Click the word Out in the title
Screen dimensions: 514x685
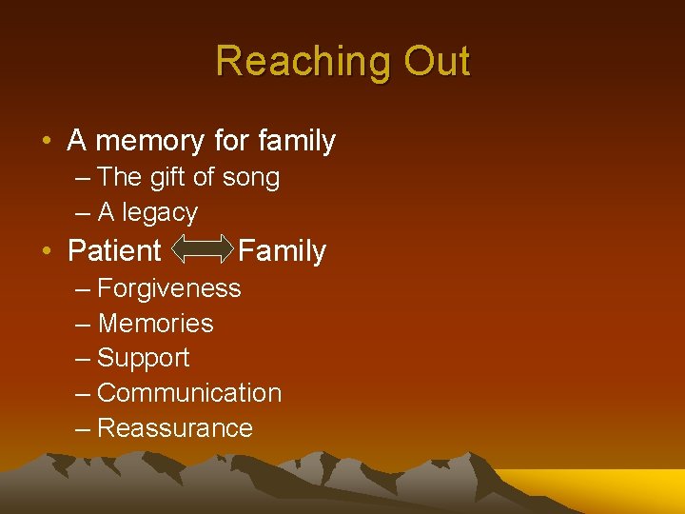pos(437,61)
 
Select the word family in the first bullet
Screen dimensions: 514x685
pos(296,141)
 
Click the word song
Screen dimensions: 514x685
pos(250,177)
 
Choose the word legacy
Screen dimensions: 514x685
pos(160,212)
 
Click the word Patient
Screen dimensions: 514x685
pos(114,251)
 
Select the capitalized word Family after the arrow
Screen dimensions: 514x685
pos(282,251)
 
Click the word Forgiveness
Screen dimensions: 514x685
pos(169,287)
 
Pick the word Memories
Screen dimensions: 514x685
pos(156,324)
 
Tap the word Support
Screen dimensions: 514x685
pos(144,358)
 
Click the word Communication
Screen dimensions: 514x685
pos(189,393)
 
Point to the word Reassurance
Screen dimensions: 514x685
pos(175,428)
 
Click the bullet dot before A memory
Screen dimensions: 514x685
pos(47,142)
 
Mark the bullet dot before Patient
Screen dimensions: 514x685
pos(47,252)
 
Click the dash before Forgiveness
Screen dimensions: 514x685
pos(83,288)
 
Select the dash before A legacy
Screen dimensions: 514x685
pos(83,213)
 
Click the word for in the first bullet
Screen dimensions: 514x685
pos(231,141)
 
